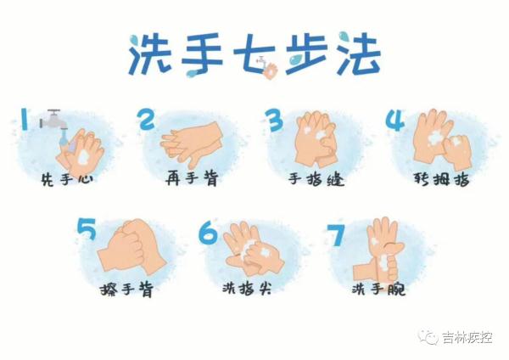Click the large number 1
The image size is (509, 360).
pos(25,119)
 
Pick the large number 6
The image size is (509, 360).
pos(208,231)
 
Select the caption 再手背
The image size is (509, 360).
pos(192,180)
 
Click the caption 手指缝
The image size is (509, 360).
pos(316,180)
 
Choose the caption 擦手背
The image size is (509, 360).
pos(126,290)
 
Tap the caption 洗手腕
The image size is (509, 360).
pos(378,290)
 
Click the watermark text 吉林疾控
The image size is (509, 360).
pos(467,337)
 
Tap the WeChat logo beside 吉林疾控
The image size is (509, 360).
pos(431,337)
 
